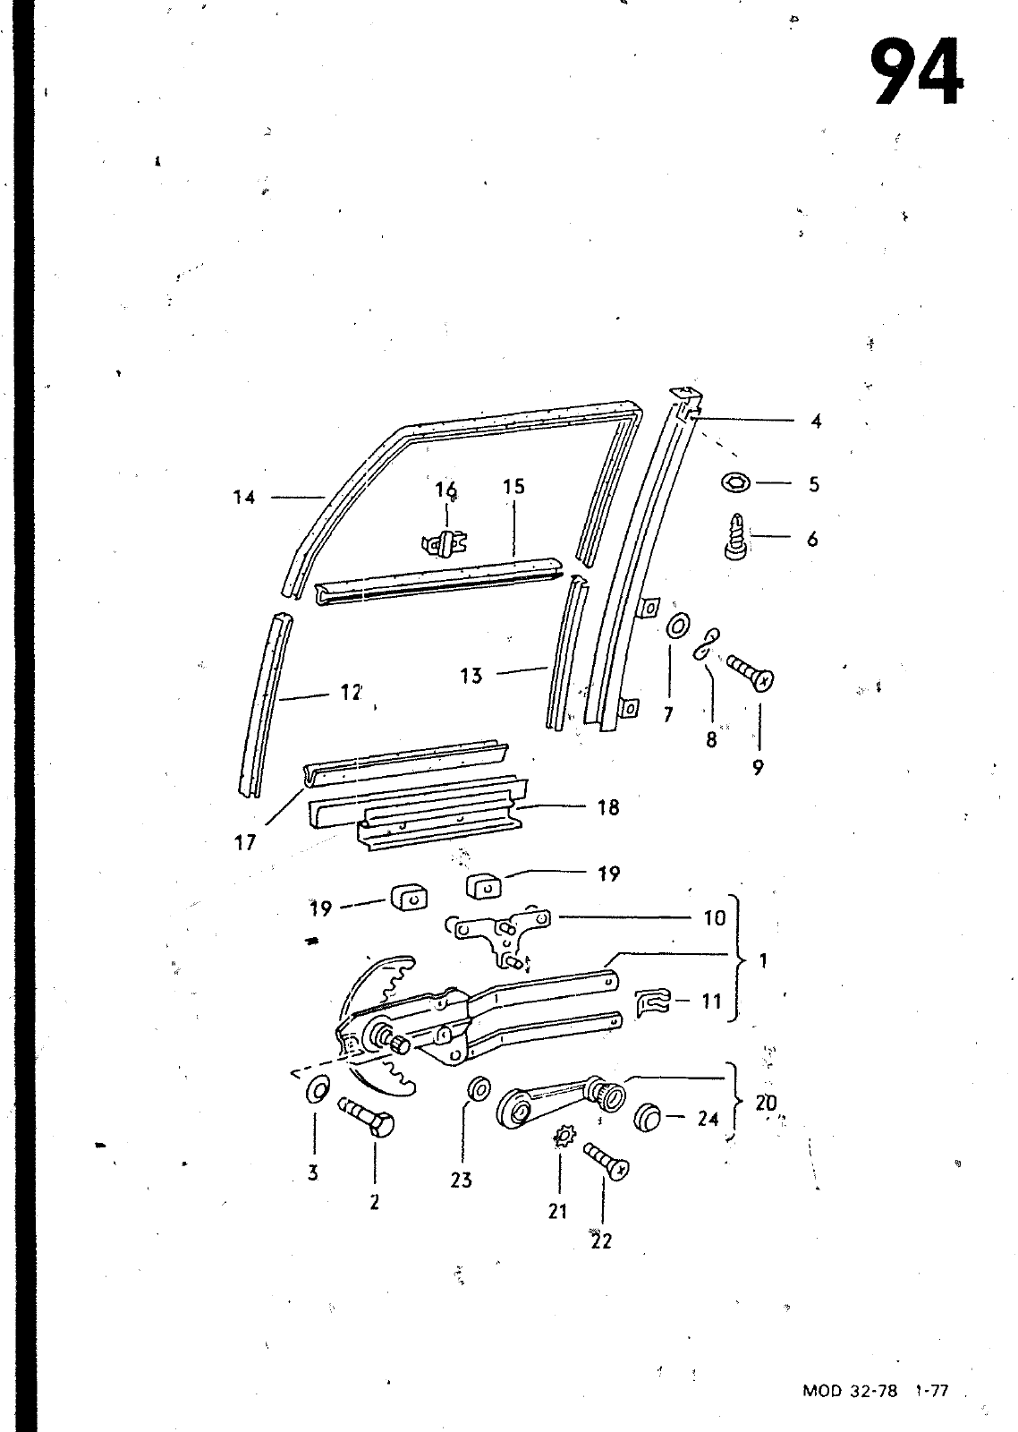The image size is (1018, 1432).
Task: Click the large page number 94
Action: [918, 72]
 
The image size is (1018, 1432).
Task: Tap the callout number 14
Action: [244, 498]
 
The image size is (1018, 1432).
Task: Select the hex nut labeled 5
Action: [736, 483]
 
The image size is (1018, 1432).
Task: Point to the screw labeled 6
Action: [737, 536]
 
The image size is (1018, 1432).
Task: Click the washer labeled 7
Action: [678, 626]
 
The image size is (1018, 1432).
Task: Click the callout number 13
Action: [471, 676]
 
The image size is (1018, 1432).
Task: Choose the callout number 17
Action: [245, 842]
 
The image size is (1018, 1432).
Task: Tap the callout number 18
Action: [608, 807]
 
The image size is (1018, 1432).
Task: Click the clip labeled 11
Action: [654, 1002]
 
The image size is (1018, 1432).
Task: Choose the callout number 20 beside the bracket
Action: [767, 1103]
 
